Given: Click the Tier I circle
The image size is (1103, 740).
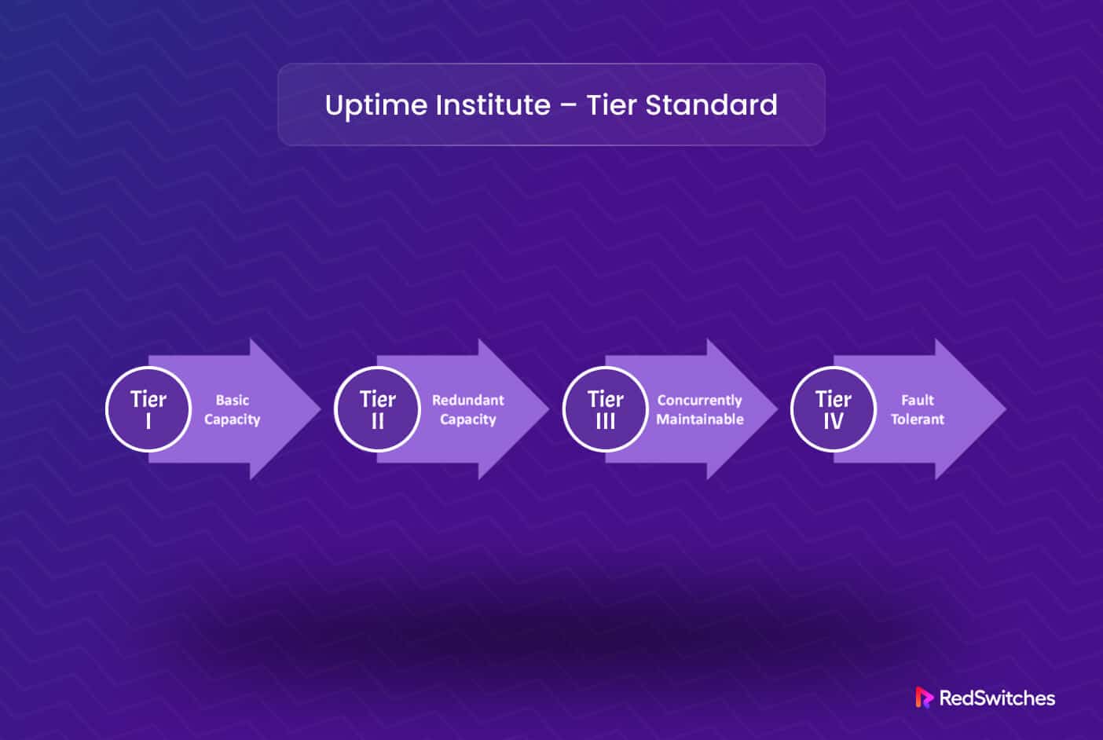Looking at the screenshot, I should tap(148, 409).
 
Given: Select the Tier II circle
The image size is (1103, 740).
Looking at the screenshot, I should tap(377, 409).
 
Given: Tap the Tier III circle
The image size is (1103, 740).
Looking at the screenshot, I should tap(605, 409).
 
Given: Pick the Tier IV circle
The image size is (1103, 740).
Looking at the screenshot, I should tap(833, 409).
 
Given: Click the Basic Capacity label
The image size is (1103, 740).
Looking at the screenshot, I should tap(232, 409).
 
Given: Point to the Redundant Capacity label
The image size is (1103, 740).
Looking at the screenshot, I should tap(467, 409).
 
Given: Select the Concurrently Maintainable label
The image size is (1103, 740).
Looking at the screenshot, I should tap(699, 409).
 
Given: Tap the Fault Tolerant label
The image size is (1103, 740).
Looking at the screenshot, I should tap(917, 409).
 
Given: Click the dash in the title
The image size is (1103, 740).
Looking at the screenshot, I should tap(569, 106).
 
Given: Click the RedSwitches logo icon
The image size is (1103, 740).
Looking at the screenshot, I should tap(924, 698).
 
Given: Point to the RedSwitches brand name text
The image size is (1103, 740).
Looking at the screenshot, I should tap(997, 698).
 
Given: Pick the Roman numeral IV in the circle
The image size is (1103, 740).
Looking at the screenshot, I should tap(833, 422).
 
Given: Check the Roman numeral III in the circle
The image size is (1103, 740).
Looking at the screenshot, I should tap(605, 422).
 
